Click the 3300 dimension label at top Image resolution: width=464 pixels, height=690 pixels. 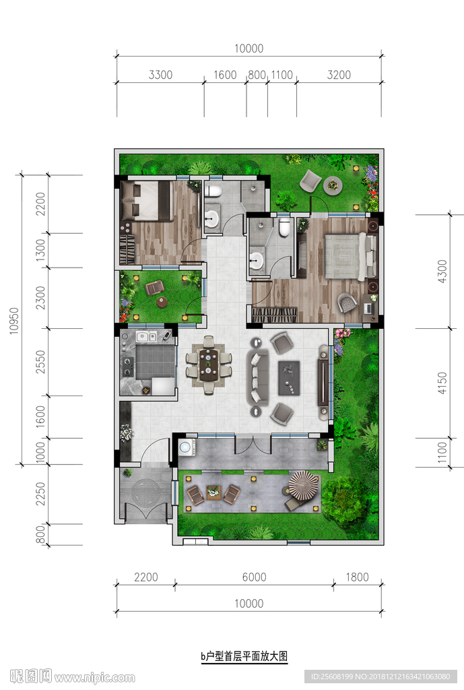tap(160, 75)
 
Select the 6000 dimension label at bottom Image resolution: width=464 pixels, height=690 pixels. tap(254, 577)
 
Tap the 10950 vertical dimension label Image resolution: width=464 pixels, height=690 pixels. tap(15, 320)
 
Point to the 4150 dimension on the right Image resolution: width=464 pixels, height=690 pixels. tap(442, 383)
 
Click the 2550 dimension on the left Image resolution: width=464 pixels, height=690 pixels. tap(40, 362)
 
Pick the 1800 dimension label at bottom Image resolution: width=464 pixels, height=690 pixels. tap(357, 577)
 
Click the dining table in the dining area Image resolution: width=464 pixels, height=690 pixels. tap(209, 365)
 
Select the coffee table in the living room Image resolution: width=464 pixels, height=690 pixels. tap(289, 378)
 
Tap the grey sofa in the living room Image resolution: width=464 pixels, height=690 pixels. tap(257, 377)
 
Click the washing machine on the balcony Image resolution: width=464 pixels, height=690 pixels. tap(187, 447)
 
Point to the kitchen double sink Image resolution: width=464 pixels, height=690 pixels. tap(146, 337)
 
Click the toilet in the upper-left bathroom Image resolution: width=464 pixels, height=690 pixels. tap(213, 191)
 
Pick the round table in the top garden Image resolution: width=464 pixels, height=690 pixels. tap(333, 185)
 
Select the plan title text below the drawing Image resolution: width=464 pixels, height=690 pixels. tap(244, 656)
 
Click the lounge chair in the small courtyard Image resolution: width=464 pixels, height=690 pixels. tap(155, 288)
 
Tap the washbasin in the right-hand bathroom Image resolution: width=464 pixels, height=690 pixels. tap(256, 260)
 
